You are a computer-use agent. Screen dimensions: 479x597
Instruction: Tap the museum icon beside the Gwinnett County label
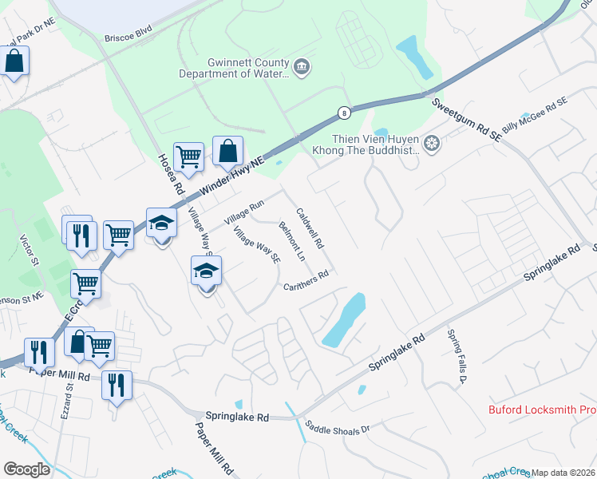(x=302, y=67)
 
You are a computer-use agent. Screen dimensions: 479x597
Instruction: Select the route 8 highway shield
(x=342, y=112)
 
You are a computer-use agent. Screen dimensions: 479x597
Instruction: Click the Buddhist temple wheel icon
(x=432, y=144)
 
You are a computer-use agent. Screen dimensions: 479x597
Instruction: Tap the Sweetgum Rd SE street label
(x=466, y=121)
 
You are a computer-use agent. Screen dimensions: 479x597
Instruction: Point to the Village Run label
(x=243, y=212)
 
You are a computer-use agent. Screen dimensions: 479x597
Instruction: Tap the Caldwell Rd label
(x=310, y=228)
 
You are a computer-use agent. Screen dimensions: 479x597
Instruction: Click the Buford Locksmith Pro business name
(x=542, y=410)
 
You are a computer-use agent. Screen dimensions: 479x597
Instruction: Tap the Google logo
(x=26, y=469)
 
